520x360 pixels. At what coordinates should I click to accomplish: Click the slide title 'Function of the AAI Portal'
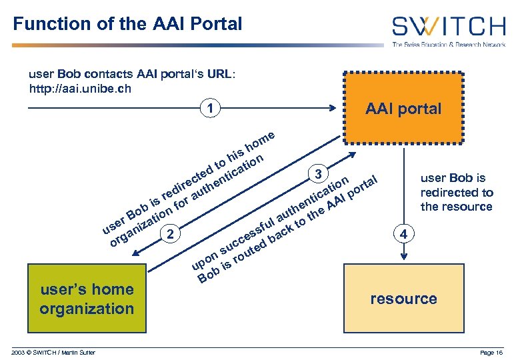pos(127,25)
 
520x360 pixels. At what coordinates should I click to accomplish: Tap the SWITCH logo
pos(448,27)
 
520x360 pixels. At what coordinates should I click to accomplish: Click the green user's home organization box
pos(86,299)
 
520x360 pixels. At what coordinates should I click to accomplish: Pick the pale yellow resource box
pos(403,299)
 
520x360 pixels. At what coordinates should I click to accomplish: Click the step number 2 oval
pos(171,233)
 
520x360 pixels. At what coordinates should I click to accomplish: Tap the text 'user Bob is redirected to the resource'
pos(457,192)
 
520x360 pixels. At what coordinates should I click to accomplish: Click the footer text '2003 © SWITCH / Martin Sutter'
pos(53,352)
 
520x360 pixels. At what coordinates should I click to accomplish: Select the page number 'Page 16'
pos(491,352)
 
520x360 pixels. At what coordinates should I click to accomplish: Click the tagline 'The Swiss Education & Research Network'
pos(448,45)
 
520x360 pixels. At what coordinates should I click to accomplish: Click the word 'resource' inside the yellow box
pos(403,299)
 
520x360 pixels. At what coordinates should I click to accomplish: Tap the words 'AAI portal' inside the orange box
pos(403,109)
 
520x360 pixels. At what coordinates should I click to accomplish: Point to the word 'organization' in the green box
pos(86,309)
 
